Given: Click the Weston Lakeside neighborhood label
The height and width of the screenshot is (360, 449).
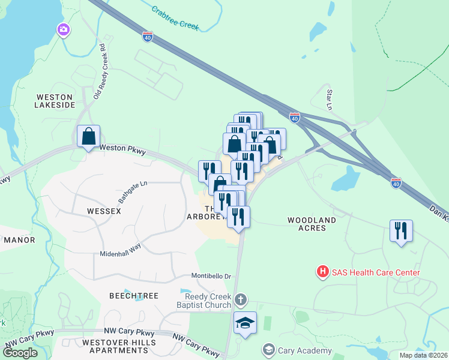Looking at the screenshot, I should (55, 100).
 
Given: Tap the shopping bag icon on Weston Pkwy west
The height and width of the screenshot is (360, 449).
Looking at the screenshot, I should (89, 136).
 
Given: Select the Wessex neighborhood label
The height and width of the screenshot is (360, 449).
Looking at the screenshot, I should (104, 211).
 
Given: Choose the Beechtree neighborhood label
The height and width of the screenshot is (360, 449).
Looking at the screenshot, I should (133, 296).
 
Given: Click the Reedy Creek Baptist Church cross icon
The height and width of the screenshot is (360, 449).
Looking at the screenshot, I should (240, 299).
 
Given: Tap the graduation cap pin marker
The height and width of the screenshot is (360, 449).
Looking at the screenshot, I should (245, 323).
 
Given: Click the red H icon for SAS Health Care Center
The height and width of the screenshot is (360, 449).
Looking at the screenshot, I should (323, 272).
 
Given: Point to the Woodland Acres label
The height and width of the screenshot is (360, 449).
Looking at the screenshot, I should (315, 224).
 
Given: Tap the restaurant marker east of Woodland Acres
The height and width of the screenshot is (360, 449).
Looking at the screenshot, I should (401, 230).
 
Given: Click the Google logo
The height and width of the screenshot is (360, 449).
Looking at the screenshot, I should (20, 352).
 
